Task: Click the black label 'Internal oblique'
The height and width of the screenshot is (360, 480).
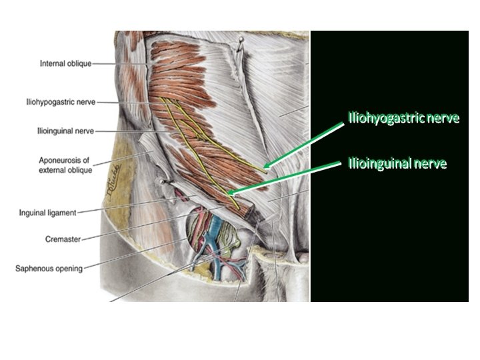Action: pos(65,63)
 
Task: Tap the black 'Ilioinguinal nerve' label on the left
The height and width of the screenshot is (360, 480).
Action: pos(65,132)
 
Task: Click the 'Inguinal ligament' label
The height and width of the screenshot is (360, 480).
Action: pos(48,213)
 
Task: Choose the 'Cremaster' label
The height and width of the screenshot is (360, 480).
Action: pos(63,238)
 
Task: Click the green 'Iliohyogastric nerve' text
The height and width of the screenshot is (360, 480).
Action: pos(404,119)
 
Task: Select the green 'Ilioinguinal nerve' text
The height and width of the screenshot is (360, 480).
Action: pos(397,163)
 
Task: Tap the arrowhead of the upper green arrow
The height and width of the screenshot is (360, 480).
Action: pos(266,167)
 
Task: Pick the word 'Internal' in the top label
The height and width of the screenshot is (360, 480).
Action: pos(51,63)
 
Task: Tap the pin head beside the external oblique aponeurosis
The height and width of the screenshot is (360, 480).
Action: pos(160,180)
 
